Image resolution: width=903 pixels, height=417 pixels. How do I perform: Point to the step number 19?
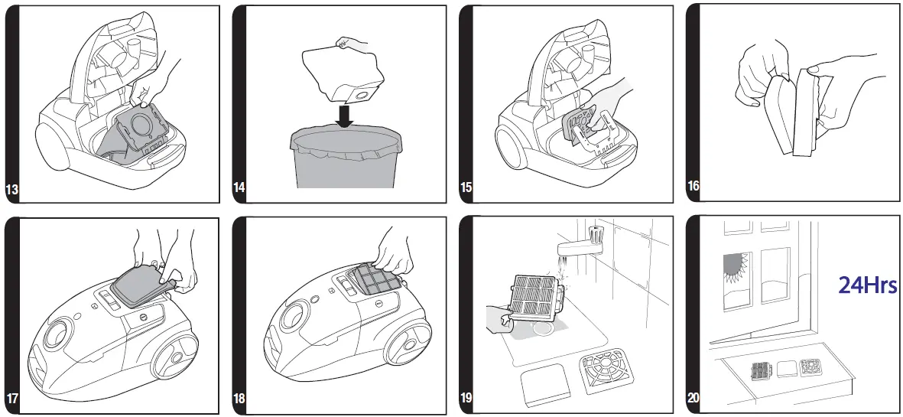tap(466, 398)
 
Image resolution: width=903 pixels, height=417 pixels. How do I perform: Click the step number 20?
tap(693, 398)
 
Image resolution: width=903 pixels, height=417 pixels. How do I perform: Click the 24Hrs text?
tap(867, 286)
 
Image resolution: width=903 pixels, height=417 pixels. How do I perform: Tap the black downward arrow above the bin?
tap(345, 117)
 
